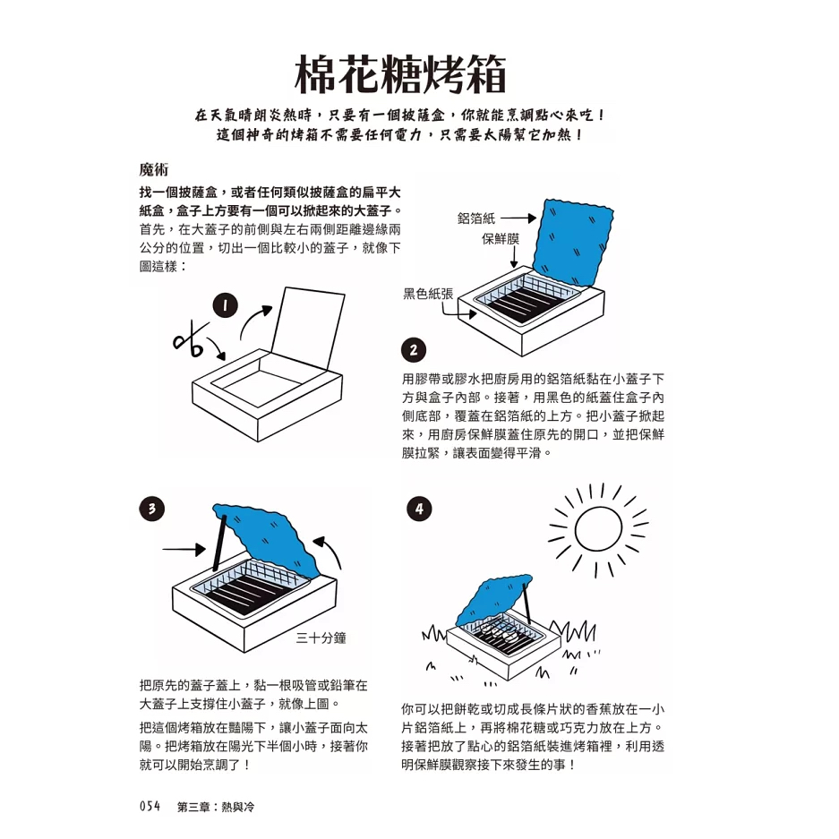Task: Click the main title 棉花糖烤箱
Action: click(x=400, y=74)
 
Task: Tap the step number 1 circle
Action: click(x=226, y=305)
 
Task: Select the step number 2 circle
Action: click(x=414, y=350)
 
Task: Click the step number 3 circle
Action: click(x=152, y=509)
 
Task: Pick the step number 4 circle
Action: click(x=419, y=509)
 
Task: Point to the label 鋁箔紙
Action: click(x=476, y=218)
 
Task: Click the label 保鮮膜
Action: click(x=501, y=239)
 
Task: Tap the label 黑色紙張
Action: click(x=428, y=293)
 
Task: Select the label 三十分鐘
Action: click(x=321, y=638)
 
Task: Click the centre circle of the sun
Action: click(x=599, y=529)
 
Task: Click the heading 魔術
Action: click(x=154, y=169)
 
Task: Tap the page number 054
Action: click(x=150, y=806)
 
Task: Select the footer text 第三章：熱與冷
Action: click(x=216, y=807)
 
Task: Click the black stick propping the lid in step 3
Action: click(x=219, y=543)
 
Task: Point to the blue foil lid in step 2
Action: click(x=574, y=242)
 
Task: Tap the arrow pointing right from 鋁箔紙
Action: click(x=518, y=218)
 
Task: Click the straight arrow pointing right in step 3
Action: click(x=184, y=549)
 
